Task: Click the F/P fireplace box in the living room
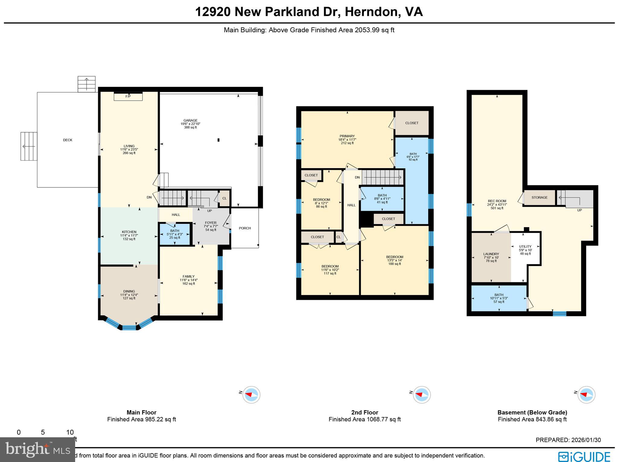pyautogui.click(x=128, y=96)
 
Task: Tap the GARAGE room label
pyautogui.click(x=190, y=121)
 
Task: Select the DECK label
pyautogui.click(x=68, y=140)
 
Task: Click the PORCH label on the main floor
pyautogui.click(x=245, y=228)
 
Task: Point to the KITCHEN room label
pyautogui.click(x=129, y=232)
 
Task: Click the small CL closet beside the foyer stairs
pyautogui.click(x=224, y=198)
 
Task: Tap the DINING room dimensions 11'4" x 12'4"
pyautogui.click(x=129, y=295)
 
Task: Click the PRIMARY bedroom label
pyautogui.click(x=347, y=136)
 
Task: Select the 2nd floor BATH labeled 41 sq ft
pyautogui.click(x=382, y=199)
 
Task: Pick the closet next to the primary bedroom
pyautogui.click(x=412, y=123)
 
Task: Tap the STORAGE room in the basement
pyautogui.click(x=539, y=198)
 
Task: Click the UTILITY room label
pyautogui.click(x=525, y=247)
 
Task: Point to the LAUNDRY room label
pyautogui.click(x=491, y=254)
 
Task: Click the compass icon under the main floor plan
pyautogui.click(x=251, y=394)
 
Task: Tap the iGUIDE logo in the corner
pyautogui.click(x=584, y=456)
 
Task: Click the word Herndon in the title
pyautogui.click(x=370, y=12)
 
